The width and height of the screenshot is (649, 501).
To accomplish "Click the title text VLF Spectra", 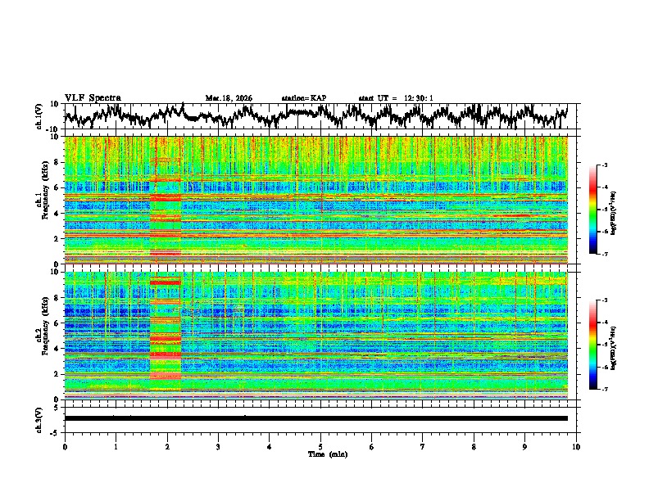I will coord(93,97).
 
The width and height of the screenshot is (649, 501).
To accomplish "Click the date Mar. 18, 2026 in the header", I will coord(229,98).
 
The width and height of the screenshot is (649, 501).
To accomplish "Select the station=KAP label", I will coord(303,98).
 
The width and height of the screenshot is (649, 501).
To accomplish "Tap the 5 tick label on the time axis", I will coord(320,446).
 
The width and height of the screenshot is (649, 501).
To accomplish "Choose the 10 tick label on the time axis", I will coord(577,446).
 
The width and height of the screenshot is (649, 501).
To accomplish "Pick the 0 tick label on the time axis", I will coord(65,446).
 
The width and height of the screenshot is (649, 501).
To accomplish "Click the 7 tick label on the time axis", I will coord(423,446).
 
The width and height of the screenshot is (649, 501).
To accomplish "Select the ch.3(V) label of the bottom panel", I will coord(39,417).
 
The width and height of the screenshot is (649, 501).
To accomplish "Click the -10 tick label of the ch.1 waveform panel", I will coord(52,129).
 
